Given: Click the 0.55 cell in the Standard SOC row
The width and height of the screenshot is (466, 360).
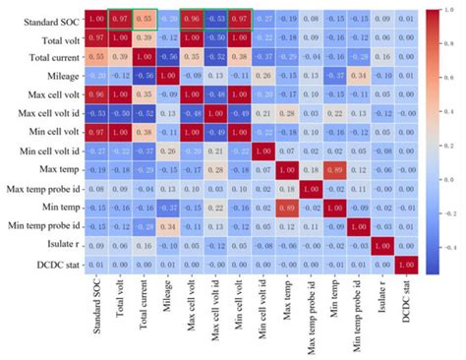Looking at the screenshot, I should click(147, 17).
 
